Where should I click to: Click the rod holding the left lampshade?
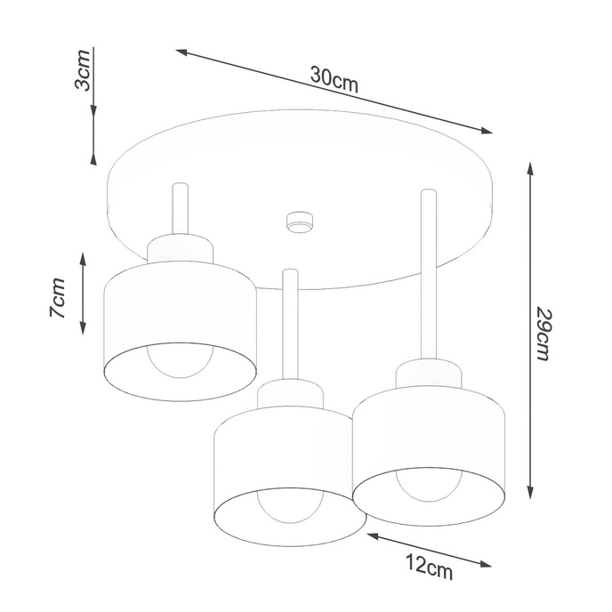(180, 210)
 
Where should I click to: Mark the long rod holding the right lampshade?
(429, 276)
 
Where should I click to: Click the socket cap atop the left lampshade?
(181, 249)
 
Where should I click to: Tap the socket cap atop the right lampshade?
(431, 374)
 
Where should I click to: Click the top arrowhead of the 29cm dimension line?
(531, 168)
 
